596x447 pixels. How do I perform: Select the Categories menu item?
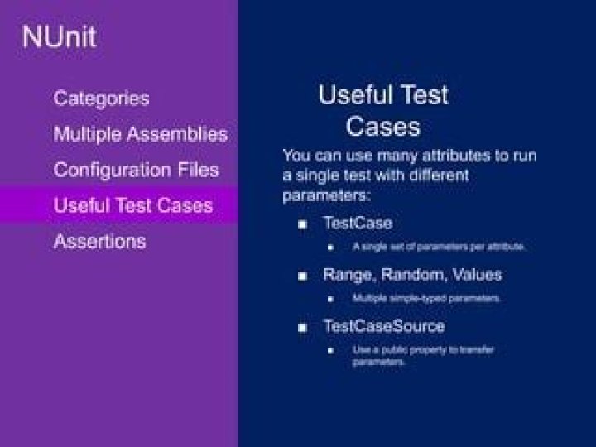(102, 99)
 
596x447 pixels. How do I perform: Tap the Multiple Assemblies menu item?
(140, 134)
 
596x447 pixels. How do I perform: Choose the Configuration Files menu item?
(136, 170)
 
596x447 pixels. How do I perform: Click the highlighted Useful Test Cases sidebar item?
(132, 205)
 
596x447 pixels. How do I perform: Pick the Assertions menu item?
(99, 242)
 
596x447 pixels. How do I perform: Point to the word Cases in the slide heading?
(383, 127)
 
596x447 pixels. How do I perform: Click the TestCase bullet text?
(358, 223)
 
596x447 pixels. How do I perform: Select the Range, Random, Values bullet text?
(412, 274)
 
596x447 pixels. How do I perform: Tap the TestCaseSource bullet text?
(383, 326)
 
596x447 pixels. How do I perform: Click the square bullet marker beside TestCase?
(303, 224)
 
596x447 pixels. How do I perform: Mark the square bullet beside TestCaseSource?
(303, 327)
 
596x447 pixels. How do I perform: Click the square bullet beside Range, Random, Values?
(303, 275)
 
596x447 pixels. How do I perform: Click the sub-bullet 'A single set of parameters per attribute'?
(439, 247)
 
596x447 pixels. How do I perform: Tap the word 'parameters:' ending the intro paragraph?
(325, 196)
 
